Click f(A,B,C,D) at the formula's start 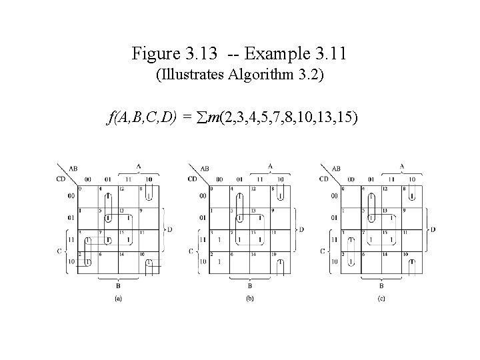[141, 119]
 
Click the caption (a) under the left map [118, 299]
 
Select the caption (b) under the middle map [249, 299]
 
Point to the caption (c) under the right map [381, 299]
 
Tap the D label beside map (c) [433, 229]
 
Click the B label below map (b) [249, 285]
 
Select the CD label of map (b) [193, 179]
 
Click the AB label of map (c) [335, 169]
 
